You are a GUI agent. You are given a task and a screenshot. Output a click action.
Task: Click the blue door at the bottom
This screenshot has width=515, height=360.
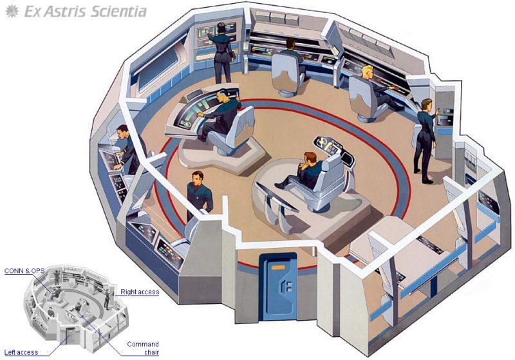(278, 287)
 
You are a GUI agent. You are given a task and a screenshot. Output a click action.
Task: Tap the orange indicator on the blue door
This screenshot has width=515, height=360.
(278, 267)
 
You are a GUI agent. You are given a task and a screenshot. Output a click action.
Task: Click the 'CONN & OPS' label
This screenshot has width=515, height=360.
(24, 271)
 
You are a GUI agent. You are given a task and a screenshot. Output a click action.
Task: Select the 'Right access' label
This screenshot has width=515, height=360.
(140, 292)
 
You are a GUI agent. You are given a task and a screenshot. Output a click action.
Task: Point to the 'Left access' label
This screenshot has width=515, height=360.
(21, 352)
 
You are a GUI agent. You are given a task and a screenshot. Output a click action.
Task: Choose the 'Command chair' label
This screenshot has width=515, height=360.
(143, 348)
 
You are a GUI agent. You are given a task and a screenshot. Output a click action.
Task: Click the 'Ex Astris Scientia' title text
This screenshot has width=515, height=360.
(86, 12)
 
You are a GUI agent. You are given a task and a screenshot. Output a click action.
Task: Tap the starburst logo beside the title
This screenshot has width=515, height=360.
(12, 12)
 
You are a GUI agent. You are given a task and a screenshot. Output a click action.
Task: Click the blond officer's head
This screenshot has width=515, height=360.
(367, 71)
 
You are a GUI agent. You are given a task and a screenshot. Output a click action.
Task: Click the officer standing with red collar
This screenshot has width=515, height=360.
(198, 195)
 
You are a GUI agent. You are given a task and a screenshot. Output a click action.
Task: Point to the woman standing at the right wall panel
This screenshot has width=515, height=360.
(426, 140)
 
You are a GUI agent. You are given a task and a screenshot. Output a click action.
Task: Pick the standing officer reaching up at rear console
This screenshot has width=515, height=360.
(221, 53)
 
